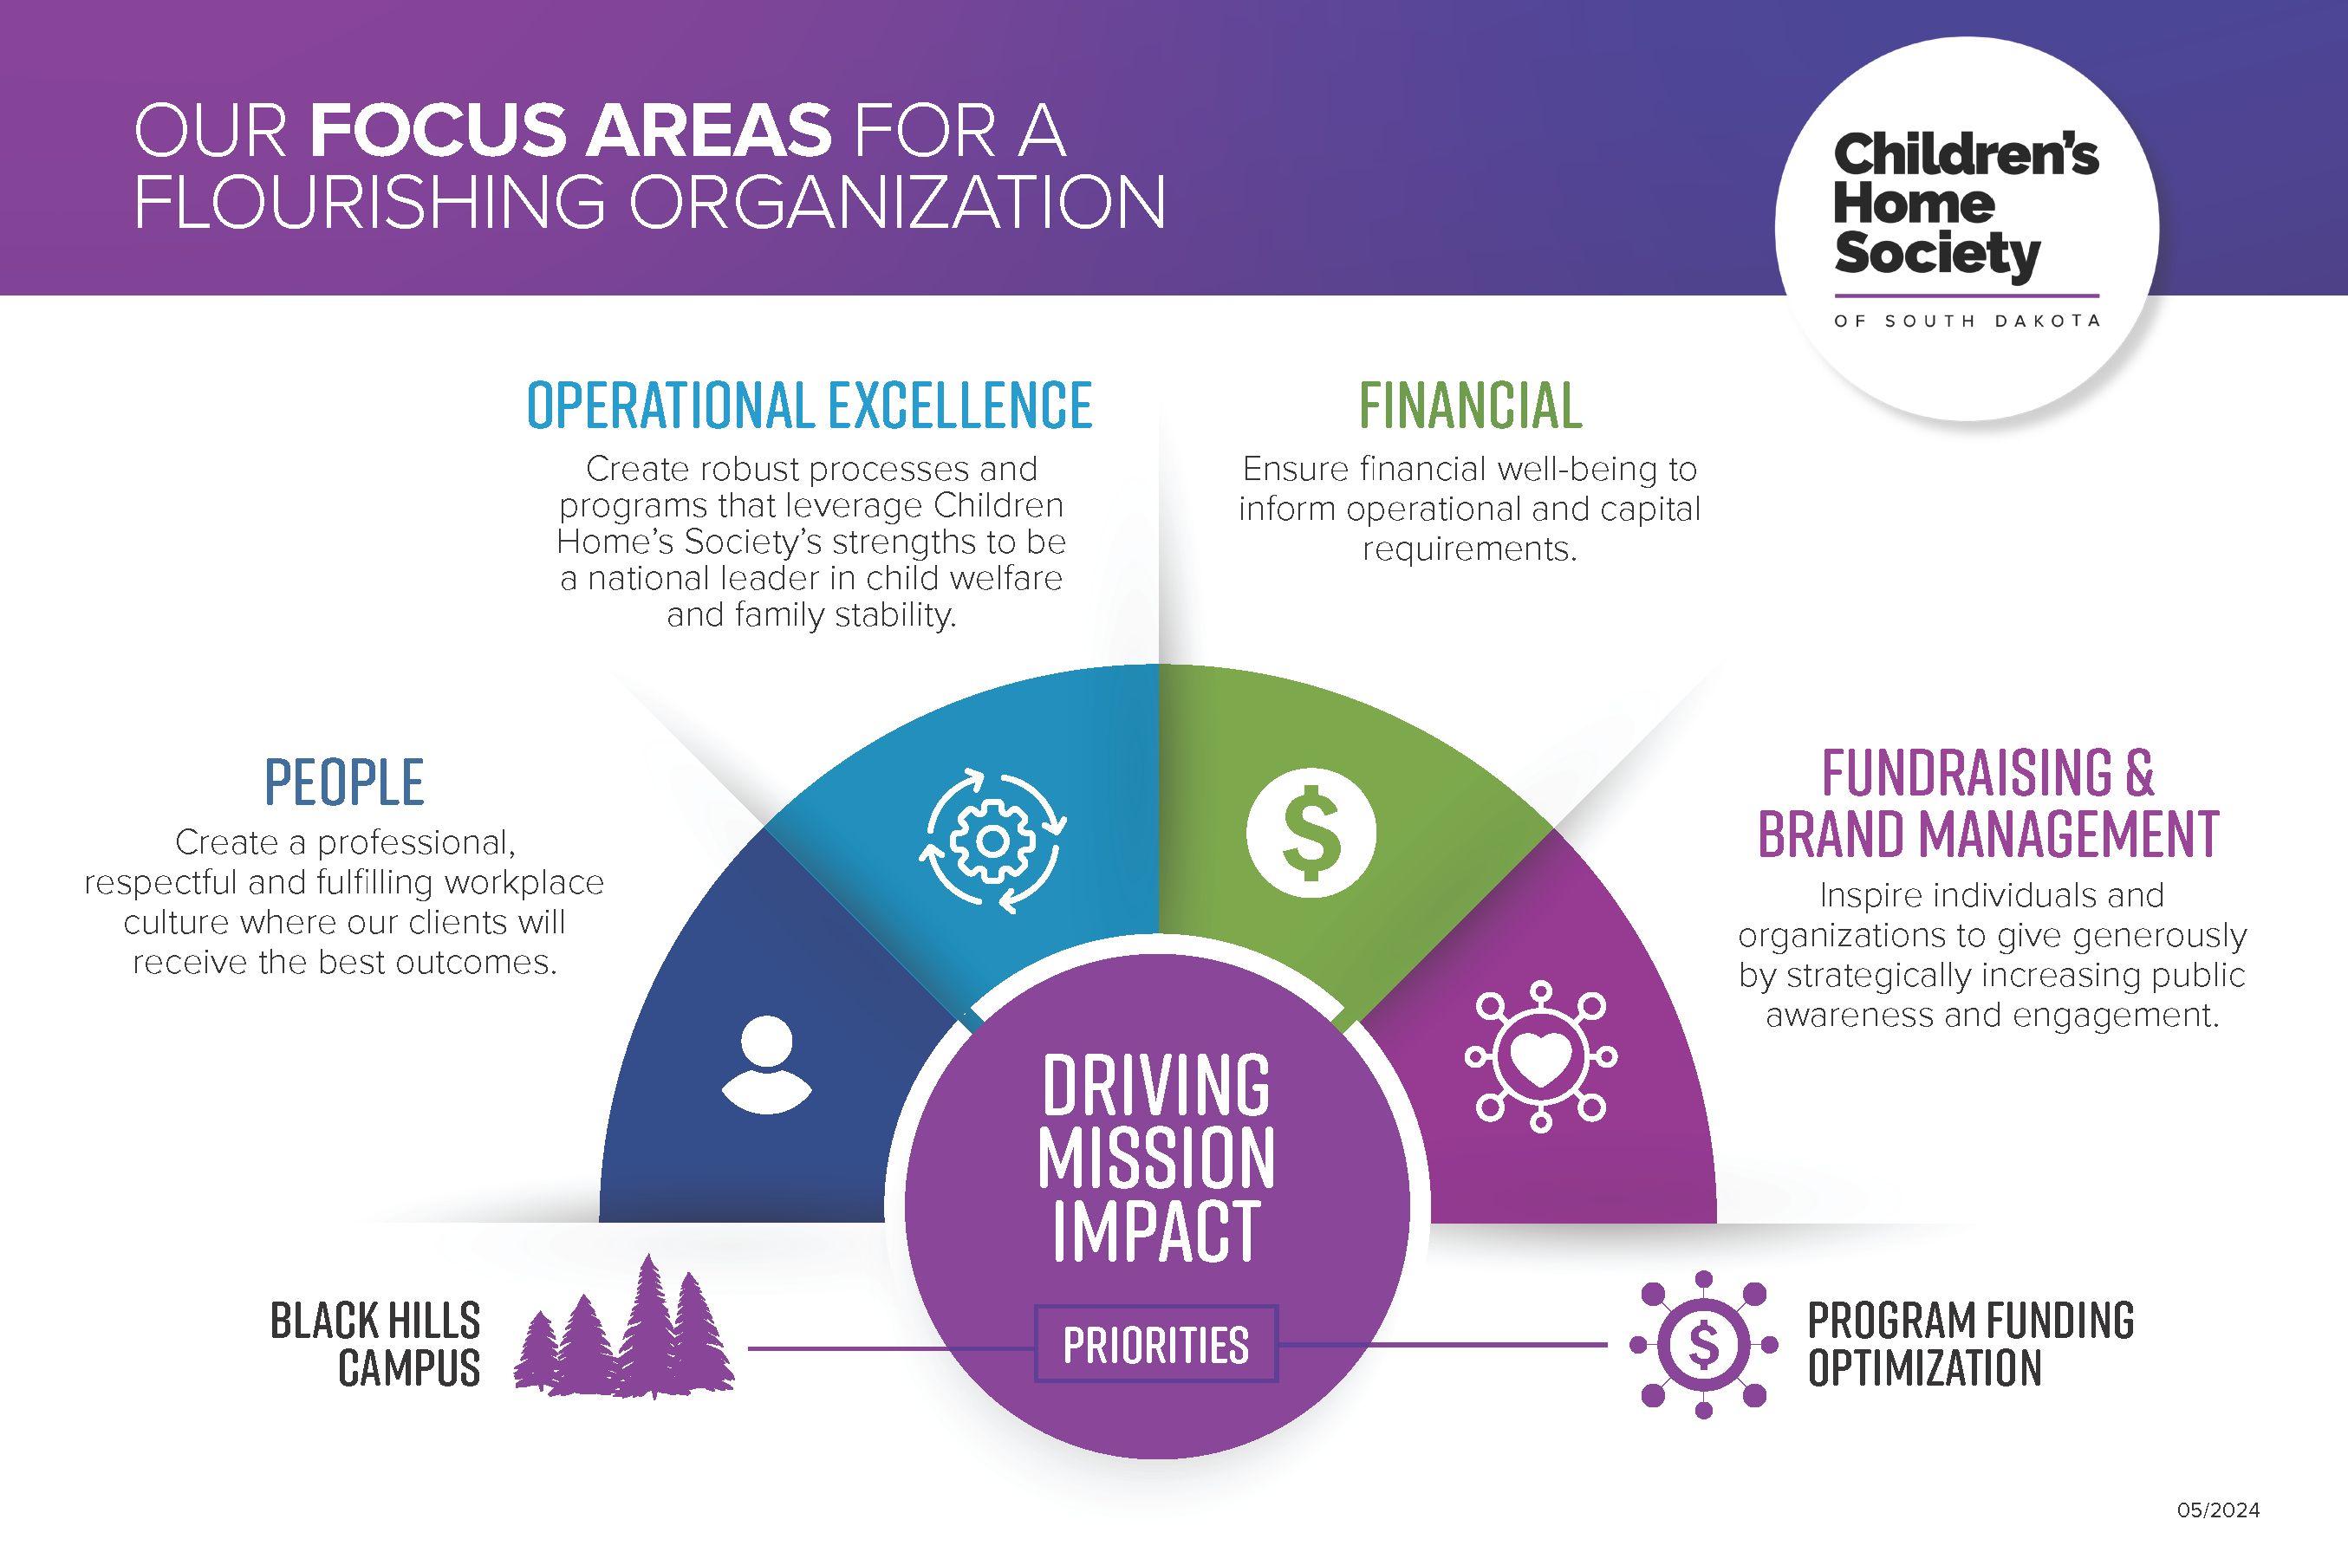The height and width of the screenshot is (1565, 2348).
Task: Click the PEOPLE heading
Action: [x=344, y=782]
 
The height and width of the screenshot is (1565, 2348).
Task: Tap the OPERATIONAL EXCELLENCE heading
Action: [x=810, y=406]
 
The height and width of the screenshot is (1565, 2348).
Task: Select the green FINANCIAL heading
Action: [x=1471, y=406]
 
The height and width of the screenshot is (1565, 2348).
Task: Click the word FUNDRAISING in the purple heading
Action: [x=1967, y=772]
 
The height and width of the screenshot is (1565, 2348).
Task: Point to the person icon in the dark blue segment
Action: [x=767, y=1064]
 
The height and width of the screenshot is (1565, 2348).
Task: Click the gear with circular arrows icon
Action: [x=992, y=841]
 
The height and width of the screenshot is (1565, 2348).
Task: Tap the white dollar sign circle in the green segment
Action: [x=1311, y=833]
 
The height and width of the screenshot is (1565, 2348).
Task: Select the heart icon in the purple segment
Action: [x=1540, y=1056]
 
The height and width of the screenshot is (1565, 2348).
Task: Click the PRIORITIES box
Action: [x=1156, y=1344]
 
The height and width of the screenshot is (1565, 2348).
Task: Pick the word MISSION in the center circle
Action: [x=1156, y=1158]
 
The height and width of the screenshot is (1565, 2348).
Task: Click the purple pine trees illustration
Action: [x=624, y=1327]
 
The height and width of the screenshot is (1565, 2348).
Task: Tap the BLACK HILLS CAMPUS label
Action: [x=375, y=1343]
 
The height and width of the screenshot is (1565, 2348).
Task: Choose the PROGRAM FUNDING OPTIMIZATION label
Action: [x=1971, y=1343]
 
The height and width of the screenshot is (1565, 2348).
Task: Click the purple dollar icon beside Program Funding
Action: [x=1703, y=1344]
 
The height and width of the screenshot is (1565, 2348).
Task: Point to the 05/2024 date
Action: [x=2218, y=1510]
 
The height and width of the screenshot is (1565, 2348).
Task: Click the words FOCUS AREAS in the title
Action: [x=571, y=131]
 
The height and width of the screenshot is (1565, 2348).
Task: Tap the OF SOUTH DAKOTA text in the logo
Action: [x=1967, y=321]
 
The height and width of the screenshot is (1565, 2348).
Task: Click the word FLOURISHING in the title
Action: [x=369, y=202]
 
